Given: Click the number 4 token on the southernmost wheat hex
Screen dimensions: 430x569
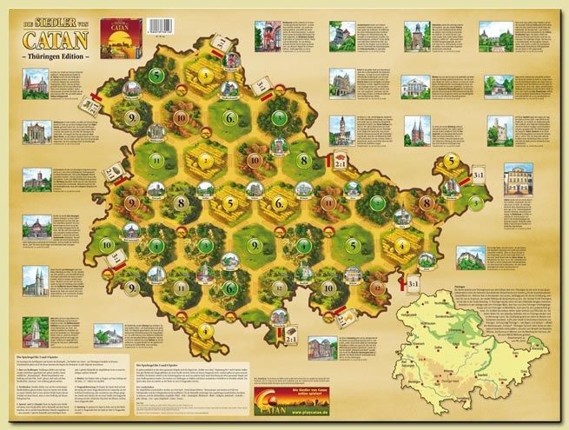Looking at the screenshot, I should click(x=207, y=330).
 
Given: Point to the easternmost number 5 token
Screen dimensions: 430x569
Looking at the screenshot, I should click(x=452, y=159).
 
